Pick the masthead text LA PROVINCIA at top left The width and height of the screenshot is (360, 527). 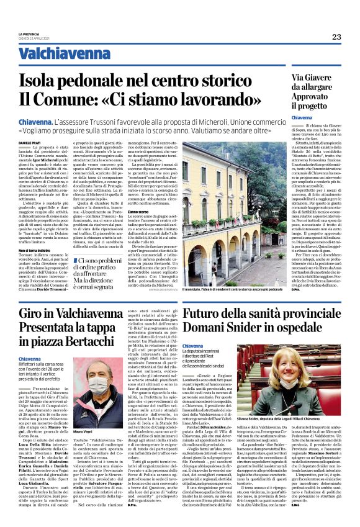pos(30,34)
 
